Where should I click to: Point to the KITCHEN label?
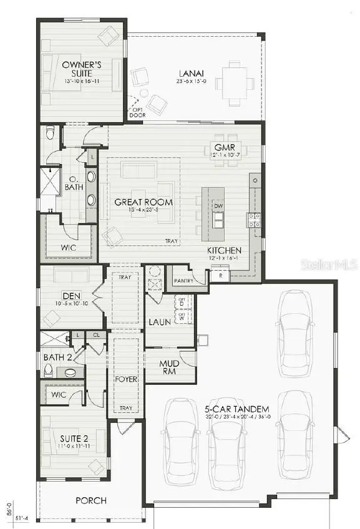click(x=224, y=251)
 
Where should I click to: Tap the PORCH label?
click(x=91, y=500)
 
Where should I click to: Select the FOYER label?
click(x=125, y=379)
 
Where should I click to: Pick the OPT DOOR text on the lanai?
click(x=137, y=112)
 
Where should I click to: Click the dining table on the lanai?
click(x=235, y=82)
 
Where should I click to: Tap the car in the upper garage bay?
click(x=294, y=334)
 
